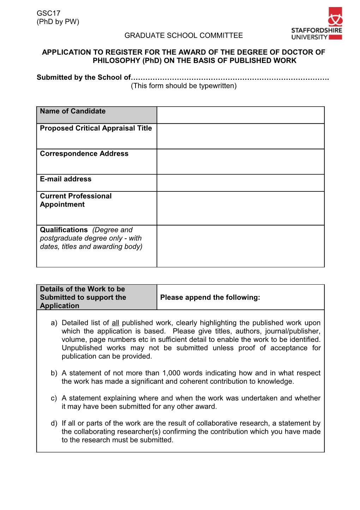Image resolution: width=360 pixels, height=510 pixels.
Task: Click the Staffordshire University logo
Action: click(317, 24)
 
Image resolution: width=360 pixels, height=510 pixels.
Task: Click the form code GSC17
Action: click(48, 13)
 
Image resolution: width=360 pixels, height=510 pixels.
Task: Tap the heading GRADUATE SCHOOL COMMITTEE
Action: click(184, 36)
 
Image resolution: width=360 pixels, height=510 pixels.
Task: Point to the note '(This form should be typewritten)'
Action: click(184, 86)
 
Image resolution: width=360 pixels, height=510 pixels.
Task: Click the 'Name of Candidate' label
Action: click(73, 111)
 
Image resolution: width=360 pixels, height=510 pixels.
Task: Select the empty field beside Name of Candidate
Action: click(240, 115)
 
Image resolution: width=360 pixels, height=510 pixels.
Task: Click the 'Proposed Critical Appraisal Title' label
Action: click(96, 128)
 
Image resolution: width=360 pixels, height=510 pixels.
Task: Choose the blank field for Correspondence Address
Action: click(240, 162)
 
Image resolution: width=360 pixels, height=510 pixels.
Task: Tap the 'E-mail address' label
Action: click(66, 179)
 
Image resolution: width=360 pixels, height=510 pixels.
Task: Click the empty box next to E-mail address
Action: click(240, 183)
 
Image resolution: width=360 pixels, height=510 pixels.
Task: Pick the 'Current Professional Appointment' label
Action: click(76, 200)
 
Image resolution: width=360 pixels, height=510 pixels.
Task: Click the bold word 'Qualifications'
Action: click(64, 230)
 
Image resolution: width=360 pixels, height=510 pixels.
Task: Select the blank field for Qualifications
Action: click(240, 246)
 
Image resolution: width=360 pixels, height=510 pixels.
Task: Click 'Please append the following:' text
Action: click(210, 297)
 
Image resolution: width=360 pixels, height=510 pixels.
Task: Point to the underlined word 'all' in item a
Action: click(115, 323)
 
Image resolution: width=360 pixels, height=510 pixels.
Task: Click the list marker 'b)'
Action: click(54, 373)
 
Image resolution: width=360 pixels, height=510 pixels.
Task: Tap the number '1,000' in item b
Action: click(172, 373)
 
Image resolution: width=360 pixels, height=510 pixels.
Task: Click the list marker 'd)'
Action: click(54, 423)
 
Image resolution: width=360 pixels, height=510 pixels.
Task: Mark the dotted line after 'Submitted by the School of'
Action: click(230, 78)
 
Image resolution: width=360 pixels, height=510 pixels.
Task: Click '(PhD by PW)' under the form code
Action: click(58, 22)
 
